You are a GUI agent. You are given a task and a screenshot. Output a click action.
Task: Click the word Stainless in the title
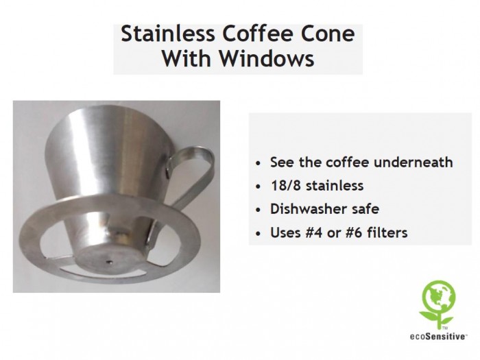[x=168, y=34]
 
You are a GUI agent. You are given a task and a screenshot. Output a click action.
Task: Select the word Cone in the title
[x=328, y=34]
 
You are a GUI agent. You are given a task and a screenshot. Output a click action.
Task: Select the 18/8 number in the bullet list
[x=286, y=186]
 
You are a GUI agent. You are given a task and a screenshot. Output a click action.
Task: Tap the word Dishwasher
[x=307, y=209]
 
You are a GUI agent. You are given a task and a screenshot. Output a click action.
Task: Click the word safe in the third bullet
[x=365, y=209]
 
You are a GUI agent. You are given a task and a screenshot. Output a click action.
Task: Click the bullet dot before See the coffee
[x=259, y=163]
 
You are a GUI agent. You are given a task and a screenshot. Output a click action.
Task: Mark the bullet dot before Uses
[x=259, y=234]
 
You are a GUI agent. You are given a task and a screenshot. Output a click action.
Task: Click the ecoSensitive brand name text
[x=438, y=337]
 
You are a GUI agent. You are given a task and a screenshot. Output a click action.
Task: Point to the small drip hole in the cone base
[x=109, y=262]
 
